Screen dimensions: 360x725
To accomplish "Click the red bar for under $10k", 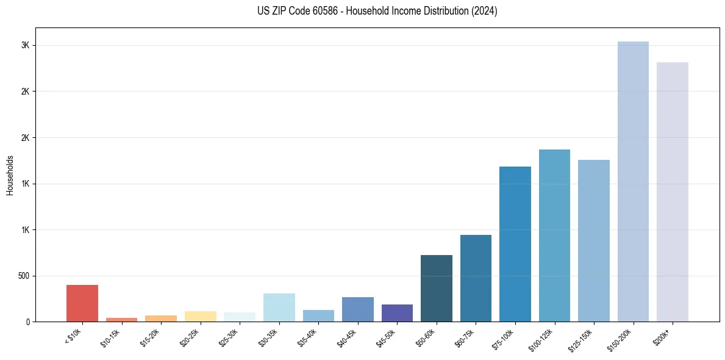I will (82, 303).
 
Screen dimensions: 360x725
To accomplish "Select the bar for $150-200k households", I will (633, 182).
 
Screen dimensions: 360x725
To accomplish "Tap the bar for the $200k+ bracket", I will (673, 192).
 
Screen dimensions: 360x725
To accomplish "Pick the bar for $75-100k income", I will (515, 244).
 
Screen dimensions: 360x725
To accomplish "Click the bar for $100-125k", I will (554, 236).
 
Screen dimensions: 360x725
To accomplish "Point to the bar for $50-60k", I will (437, 289).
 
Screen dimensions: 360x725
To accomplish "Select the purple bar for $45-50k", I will (397, 313).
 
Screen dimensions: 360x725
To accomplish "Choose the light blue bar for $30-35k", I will (279, 308).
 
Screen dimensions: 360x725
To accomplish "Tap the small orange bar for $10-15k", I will (121, 320).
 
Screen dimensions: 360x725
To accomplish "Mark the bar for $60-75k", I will (476, 278).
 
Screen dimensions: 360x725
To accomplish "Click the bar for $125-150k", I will (594, 241).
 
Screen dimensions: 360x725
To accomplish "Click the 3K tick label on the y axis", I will (25, 46).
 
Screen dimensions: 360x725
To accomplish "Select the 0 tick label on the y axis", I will (27, 322).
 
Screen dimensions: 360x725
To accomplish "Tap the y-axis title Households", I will (10, 175).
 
